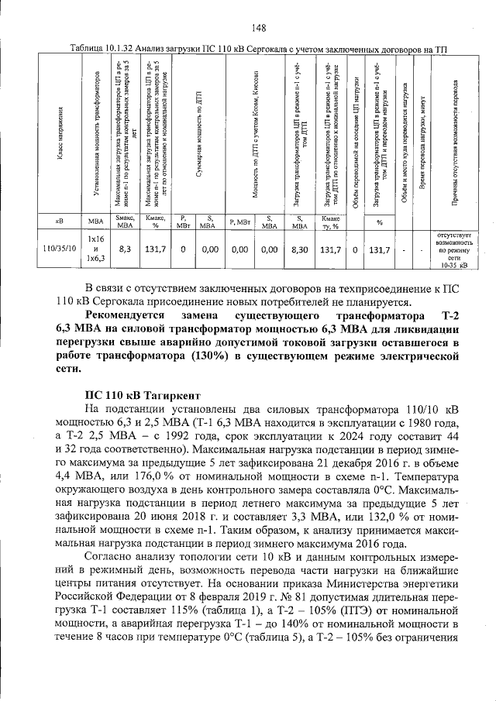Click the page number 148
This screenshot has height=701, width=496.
click(259, 29)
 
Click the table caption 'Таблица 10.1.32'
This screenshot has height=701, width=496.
click(102, 49)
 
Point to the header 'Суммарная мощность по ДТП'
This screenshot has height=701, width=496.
click(198, 132)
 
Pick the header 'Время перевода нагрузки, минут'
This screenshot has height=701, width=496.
click(422, 132)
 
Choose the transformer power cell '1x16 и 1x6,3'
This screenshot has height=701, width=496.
click(95, 249)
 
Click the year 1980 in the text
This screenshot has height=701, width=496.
click(415, 423)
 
